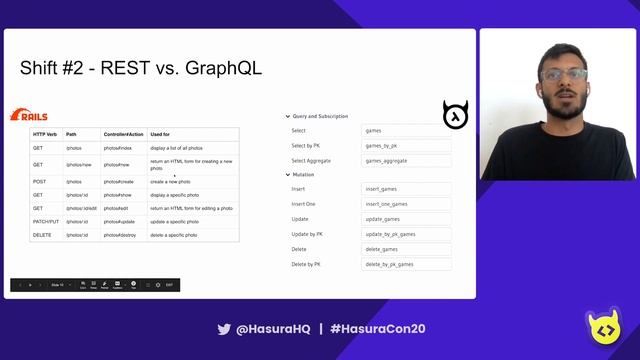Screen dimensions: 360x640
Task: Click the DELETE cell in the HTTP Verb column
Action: tap(42, 234)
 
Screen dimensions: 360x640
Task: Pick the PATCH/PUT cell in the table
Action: tap(45, 221)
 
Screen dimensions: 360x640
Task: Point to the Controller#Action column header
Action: tap(123, 134)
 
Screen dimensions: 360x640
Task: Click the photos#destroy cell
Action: tap(120, 234)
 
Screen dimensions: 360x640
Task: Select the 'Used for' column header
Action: tap(160, 134)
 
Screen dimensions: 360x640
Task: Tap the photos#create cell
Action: tap(119, 182)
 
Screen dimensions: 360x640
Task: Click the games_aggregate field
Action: tap(406, 160)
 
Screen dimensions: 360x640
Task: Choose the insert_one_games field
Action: tap(406, 203)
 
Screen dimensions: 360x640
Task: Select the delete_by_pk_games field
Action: tap(406, 264)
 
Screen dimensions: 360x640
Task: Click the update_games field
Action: tap(406, 218)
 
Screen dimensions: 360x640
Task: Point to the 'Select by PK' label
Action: tap(305, 145)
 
